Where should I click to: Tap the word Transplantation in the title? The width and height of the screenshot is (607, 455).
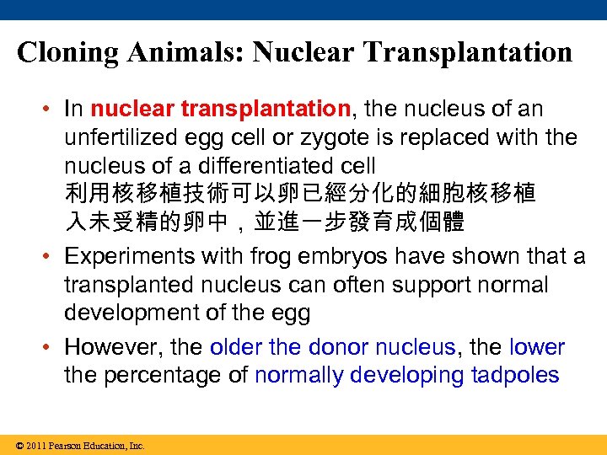[x=469, y=52]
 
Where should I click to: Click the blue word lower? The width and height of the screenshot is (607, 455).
[x=538, y=347]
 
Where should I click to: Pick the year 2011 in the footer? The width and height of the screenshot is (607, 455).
[x=35, y=445]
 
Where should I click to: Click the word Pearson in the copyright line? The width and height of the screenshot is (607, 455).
[x=65, y=445]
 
